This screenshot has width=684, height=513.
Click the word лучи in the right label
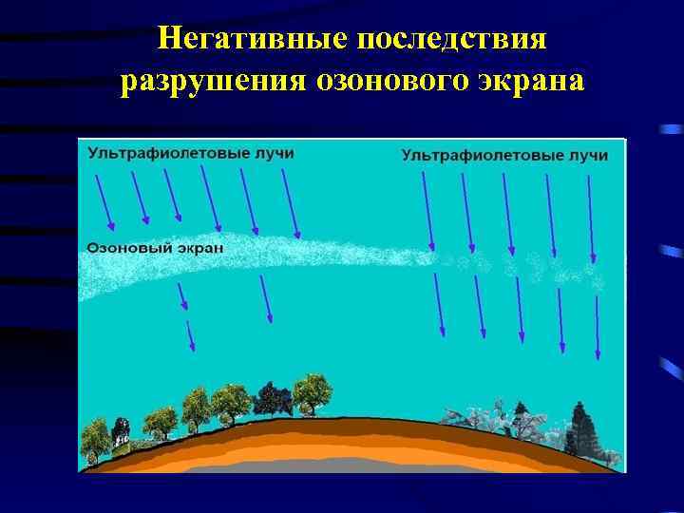[586, 155]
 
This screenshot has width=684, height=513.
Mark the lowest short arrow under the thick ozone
[190, 336]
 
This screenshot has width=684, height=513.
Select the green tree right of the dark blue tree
[310, 392]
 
